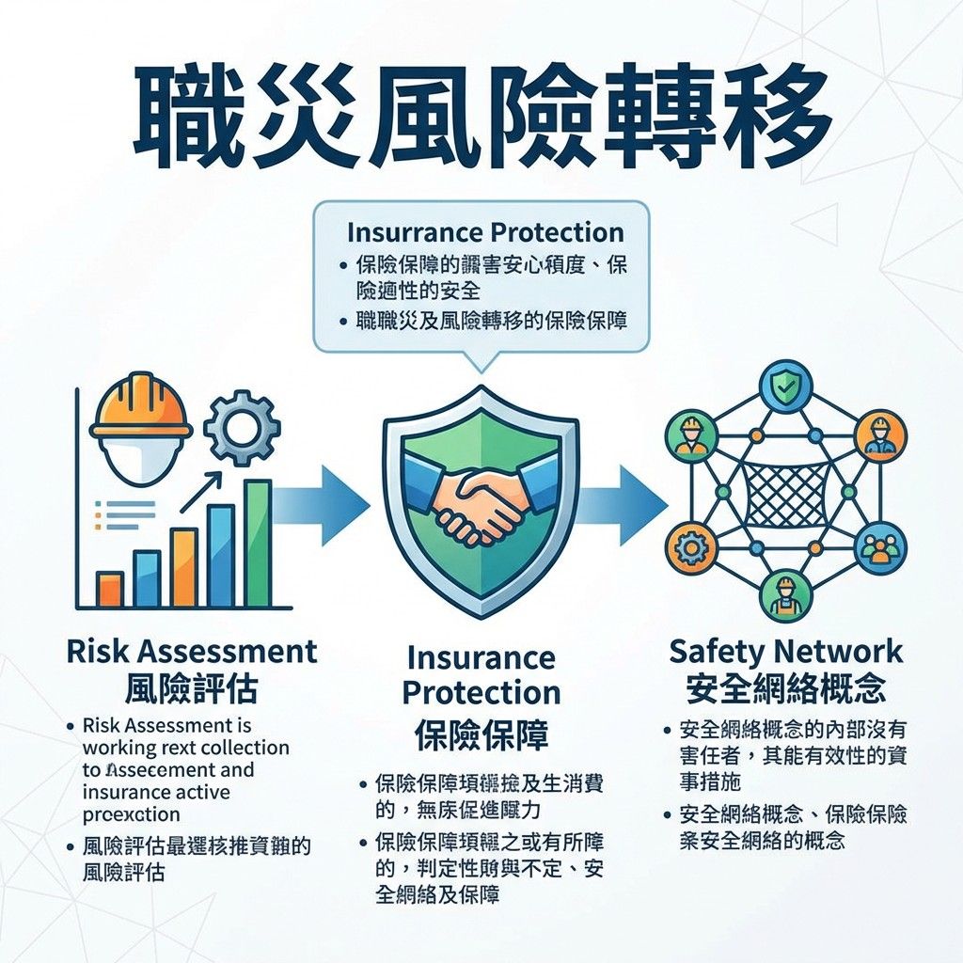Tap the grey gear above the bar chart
242,428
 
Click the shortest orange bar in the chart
110,589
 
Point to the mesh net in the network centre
787,493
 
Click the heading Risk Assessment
192,651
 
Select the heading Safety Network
785,651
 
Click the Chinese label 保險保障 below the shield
481,734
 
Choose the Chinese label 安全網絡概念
785,690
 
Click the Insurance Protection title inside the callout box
484,232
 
